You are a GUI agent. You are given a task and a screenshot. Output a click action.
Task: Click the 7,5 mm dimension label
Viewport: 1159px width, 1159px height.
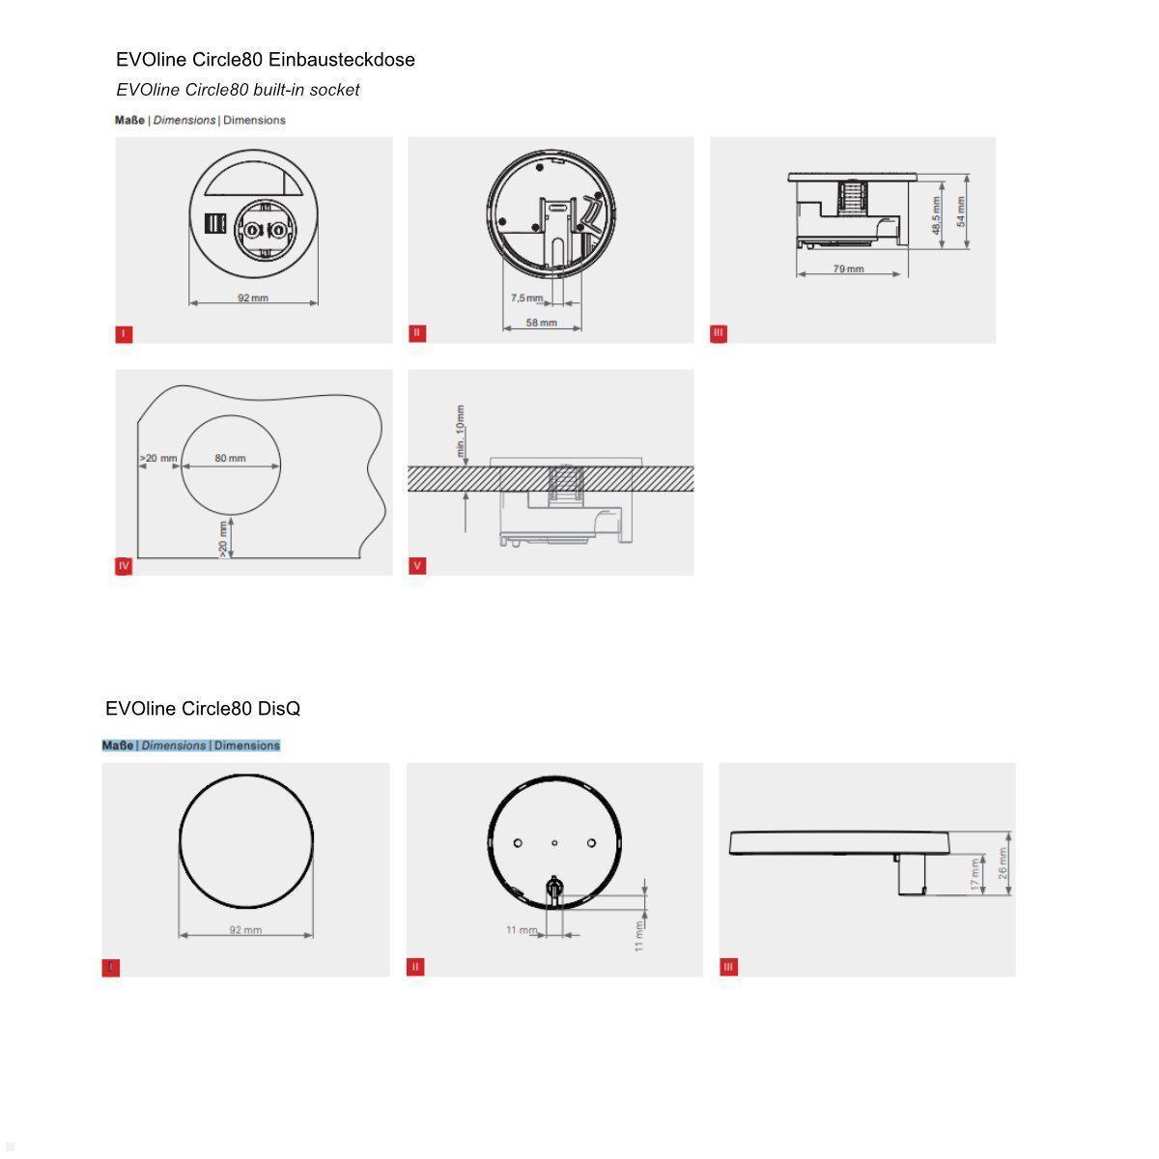[x=526, y=298]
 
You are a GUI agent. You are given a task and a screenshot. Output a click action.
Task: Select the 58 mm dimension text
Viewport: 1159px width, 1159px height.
[x=541, y=323]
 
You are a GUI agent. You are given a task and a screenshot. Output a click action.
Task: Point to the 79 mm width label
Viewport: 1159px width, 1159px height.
[x=848, y=269]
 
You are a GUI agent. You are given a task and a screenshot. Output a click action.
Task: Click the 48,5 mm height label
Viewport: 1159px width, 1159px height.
[x=936, y=215]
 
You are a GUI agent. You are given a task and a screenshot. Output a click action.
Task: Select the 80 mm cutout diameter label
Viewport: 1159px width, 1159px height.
[x=230, y=458]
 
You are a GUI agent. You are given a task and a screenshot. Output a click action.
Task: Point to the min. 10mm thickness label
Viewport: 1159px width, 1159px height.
[x=462, y=431]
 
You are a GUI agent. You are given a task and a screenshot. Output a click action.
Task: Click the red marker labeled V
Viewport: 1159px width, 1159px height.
[x=417, y=566]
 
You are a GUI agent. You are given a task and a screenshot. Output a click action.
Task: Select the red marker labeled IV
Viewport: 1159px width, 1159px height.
[x=124, y=566]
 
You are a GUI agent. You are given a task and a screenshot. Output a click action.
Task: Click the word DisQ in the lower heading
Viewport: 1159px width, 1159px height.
[x=279, y=709]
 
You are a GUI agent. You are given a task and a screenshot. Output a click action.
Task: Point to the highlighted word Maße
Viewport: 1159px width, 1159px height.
[x=118, y=746]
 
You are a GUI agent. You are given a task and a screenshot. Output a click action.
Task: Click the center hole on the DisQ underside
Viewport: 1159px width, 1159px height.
[x=554, y=843]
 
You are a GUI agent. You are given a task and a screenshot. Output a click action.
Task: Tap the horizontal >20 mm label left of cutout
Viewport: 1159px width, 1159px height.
[x=159, y=458]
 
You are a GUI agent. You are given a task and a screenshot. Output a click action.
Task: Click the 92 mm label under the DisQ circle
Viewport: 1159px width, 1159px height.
[x=245, y=930]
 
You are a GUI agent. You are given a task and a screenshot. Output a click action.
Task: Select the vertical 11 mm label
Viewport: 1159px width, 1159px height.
[x=639, y=934]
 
